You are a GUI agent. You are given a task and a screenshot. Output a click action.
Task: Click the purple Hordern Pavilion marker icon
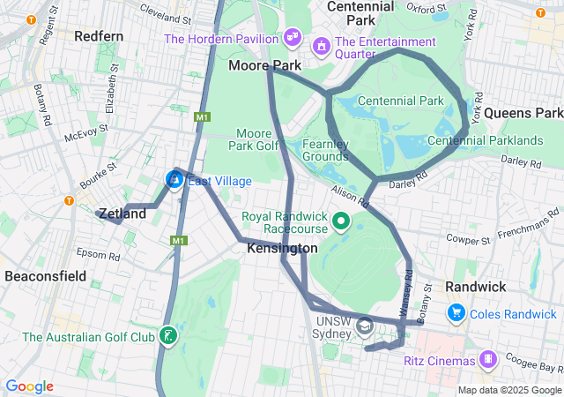pos(292,39)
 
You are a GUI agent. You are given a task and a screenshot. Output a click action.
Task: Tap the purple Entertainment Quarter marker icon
pos(322,43)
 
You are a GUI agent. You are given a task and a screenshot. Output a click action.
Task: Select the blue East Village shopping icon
pos(174,180)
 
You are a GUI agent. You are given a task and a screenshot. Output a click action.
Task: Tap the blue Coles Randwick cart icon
pos(456,312)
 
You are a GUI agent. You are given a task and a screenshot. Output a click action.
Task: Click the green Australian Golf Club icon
pos(166,336)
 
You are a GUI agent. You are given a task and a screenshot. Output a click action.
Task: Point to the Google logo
pos(29,386)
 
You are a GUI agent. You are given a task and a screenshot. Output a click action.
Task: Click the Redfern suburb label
pos(99,36)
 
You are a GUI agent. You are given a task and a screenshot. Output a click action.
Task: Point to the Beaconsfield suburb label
pos(45,276)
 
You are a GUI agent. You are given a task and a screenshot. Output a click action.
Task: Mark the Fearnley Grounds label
pos(326,150)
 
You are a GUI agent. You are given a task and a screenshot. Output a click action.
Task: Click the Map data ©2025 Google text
pos(508,390)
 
